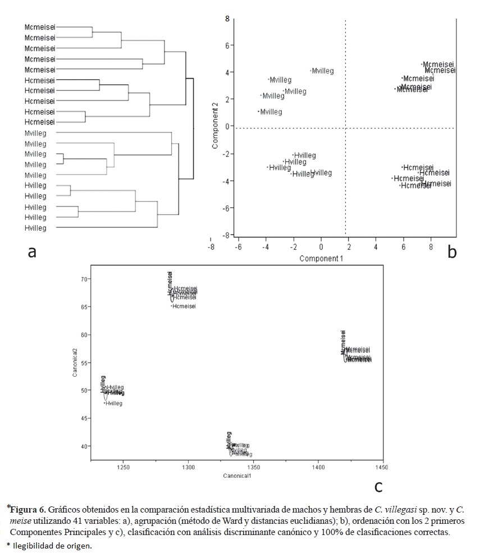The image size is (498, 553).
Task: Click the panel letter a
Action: pyautogui.click(x=32, y=252)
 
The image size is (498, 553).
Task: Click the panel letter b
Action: pyautogui.click(x=452, y=253)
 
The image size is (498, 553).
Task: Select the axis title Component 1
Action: pyautogui.click(x=321, y=258)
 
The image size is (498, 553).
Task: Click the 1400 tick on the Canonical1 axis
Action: pyautogui.click(x=318, y=467)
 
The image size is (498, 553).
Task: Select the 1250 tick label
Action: pyautogui.click(x=122, y=467)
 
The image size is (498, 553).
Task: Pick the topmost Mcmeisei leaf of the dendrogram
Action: pyautogui.click(x=40, y=27)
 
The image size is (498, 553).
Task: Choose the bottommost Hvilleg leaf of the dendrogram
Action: pyautogui.click(x=35, y=228)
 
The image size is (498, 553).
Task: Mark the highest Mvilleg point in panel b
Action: pyautogui.click(x=323, y=71)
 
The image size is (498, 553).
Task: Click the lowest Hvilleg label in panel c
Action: pyautogui.click(x=113, y=403)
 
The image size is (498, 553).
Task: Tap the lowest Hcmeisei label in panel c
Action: pyautogui.click(x=184, y=306)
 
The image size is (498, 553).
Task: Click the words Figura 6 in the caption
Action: pyautogui.click(x=28, y=510)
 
